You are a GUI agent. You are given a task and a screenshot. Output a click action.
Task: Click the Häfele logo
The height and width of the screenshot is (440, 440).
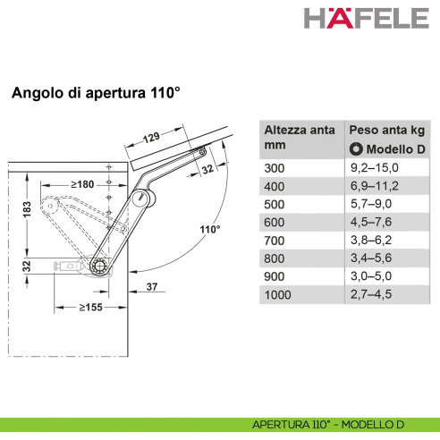366,19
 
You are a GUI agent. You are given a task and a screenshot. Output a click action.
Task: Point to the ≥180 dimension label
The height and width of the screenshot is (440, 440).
84,184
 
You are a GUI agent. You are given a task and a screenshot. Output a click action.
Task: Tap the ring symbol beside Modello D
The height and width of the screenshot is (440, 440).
355,148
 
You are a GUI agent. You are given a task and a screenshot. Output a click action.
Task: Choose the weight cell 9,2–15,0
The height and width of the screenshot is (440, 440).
373,167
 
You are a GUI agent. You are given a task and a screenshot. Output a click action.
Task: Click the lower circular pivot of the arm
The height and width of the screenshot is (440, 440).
100,267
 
